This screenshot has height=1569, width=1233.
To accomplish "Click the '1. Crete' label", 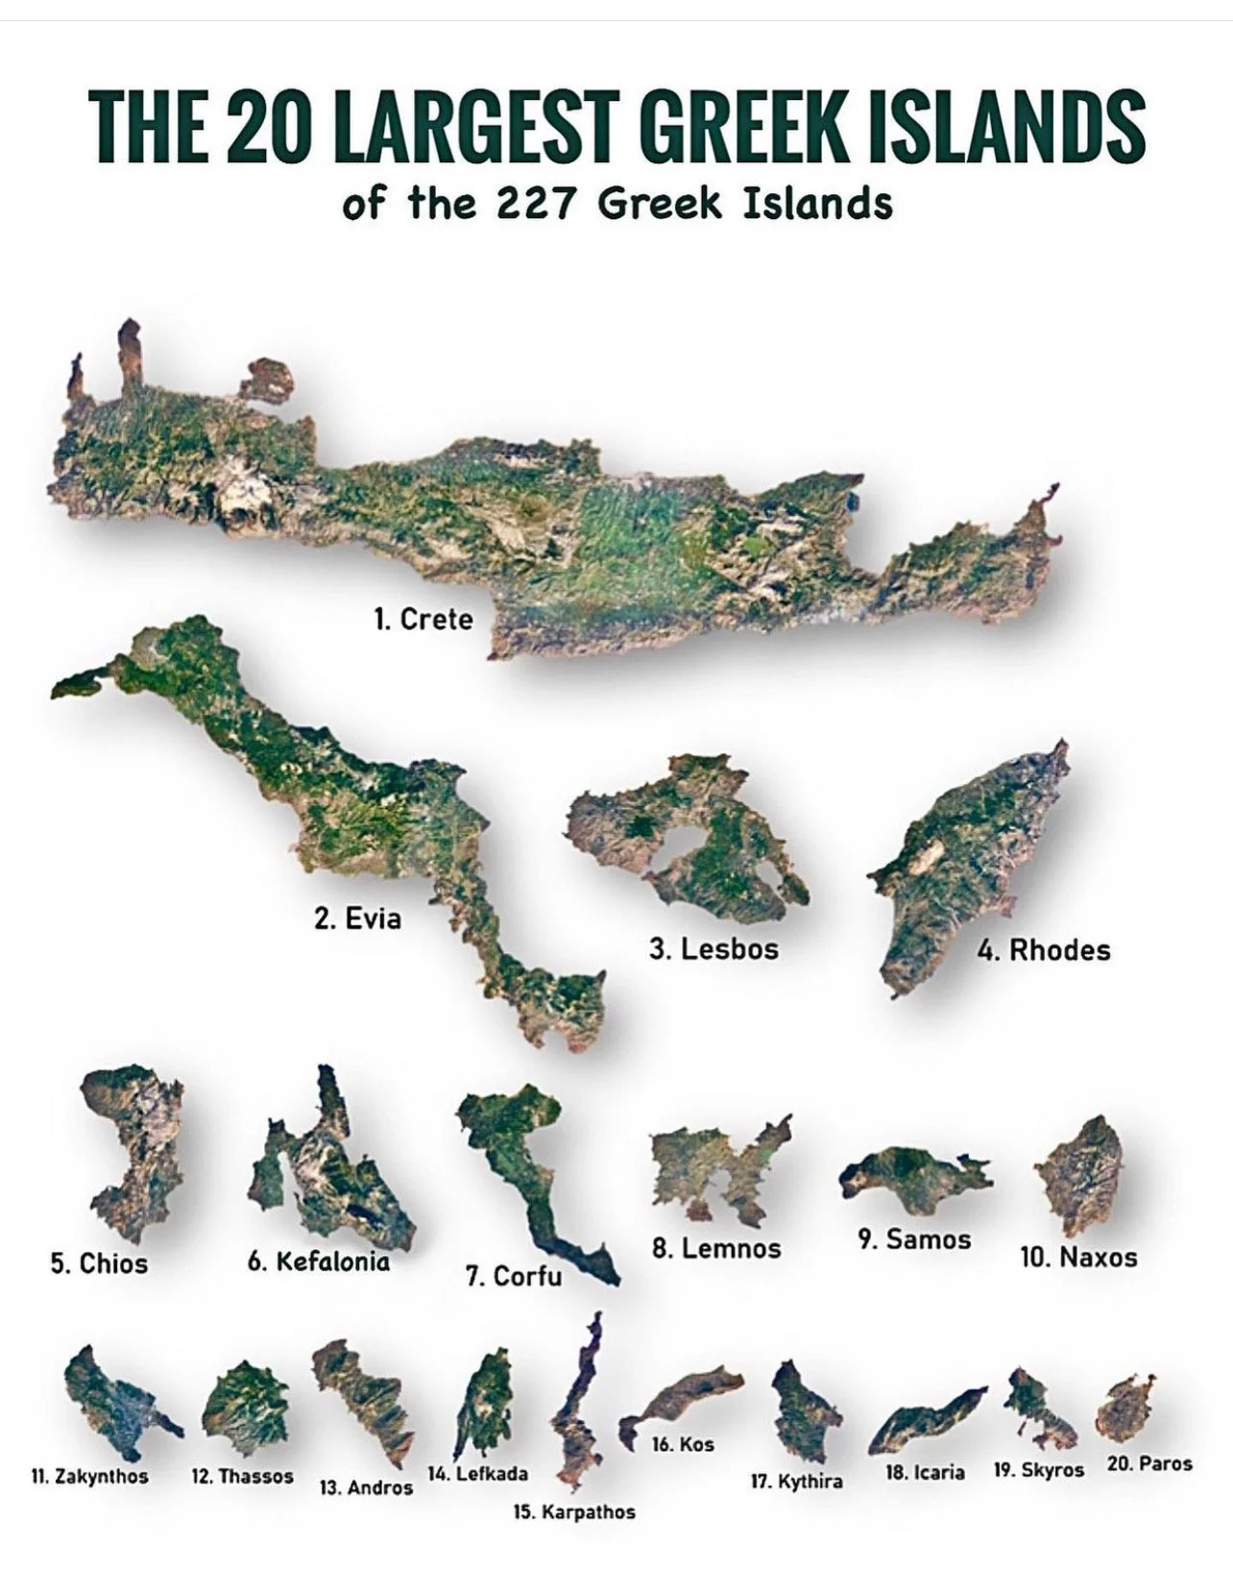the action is pyautogui.click(x=423, y=620).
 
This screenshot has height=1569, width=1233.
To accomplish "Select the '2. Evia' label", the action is pyautogui.click(x=357, y=919).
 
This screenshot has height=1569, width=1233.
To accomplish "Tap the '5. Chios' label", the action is pyautogui.click(x=99, y=1263).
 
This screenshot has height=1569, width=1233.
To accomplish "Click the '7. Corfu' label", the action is pyautogui.click(x=514, y=1276).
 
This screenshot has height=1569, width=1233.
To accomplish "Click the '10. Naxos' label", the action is pyautogui.click(x=1078, y=1257).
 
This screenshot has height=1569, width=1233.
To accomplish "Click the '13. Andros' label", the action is pyautogui.click(x=366, y=1487).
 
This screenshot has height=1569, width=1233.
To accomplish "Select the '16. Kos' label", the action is pyautogui.click(x=683, y=1444).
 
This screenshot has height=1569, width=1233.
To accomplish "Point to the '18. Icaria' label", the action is pyautogui.click(x=925, y=1473).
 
